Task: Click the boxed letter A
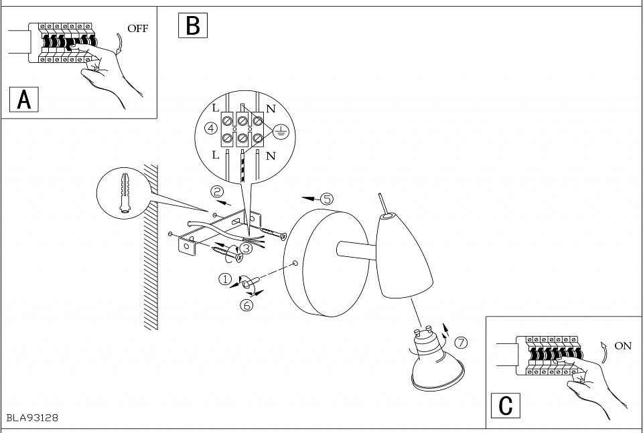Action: [24, 100]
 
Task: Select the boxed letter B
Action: [193, 25]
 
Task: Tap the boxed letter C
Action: [506, 406]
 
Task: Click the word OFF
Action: [137, 28]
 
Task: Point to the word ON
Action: [623, 346]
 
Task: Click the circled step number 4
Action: [210, 128]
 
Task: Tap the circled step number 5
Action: [326, 199]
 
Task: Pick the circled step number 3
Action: [246, 248]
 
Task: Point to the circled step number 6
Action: [246, 305]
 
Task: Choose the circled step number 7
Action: [461, 343]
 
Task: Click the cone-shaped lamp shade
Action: [400, 254]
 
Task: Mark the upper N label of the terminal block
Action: [271, 108]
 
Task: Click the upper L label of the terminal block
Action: [216, 108]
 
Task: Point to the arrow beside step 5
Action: [309, 199]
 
